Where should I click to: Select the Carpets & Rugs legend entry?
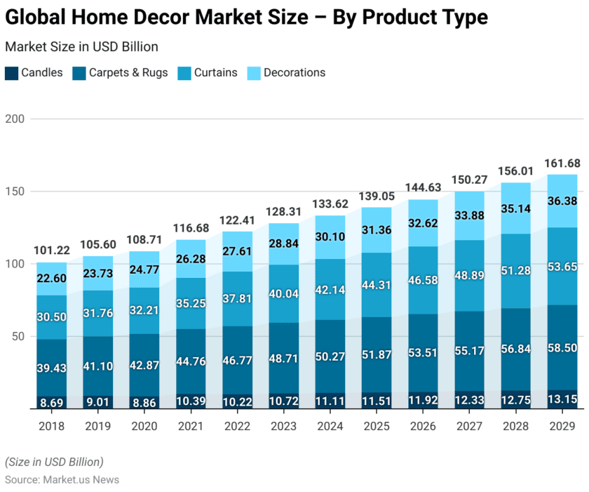[x=120, y=72]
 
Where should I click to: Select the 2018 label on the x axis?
[x=52, y=426]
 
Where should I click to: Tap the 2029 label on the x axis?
[x=562, y=426]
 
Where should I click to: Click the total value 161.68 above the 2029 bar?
[x=562, y=164]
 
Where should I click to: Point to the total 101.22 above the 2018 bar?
[x=52, y=251]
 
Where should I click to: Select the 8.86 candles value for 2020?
[x=144, y=402]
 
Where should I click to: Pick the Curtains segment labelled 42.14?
[x=330, y=289]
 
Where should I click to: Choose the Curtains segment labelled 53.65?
[x=562, y=267]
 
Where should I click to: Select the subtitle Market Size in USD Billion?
[x=81, y=47]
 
